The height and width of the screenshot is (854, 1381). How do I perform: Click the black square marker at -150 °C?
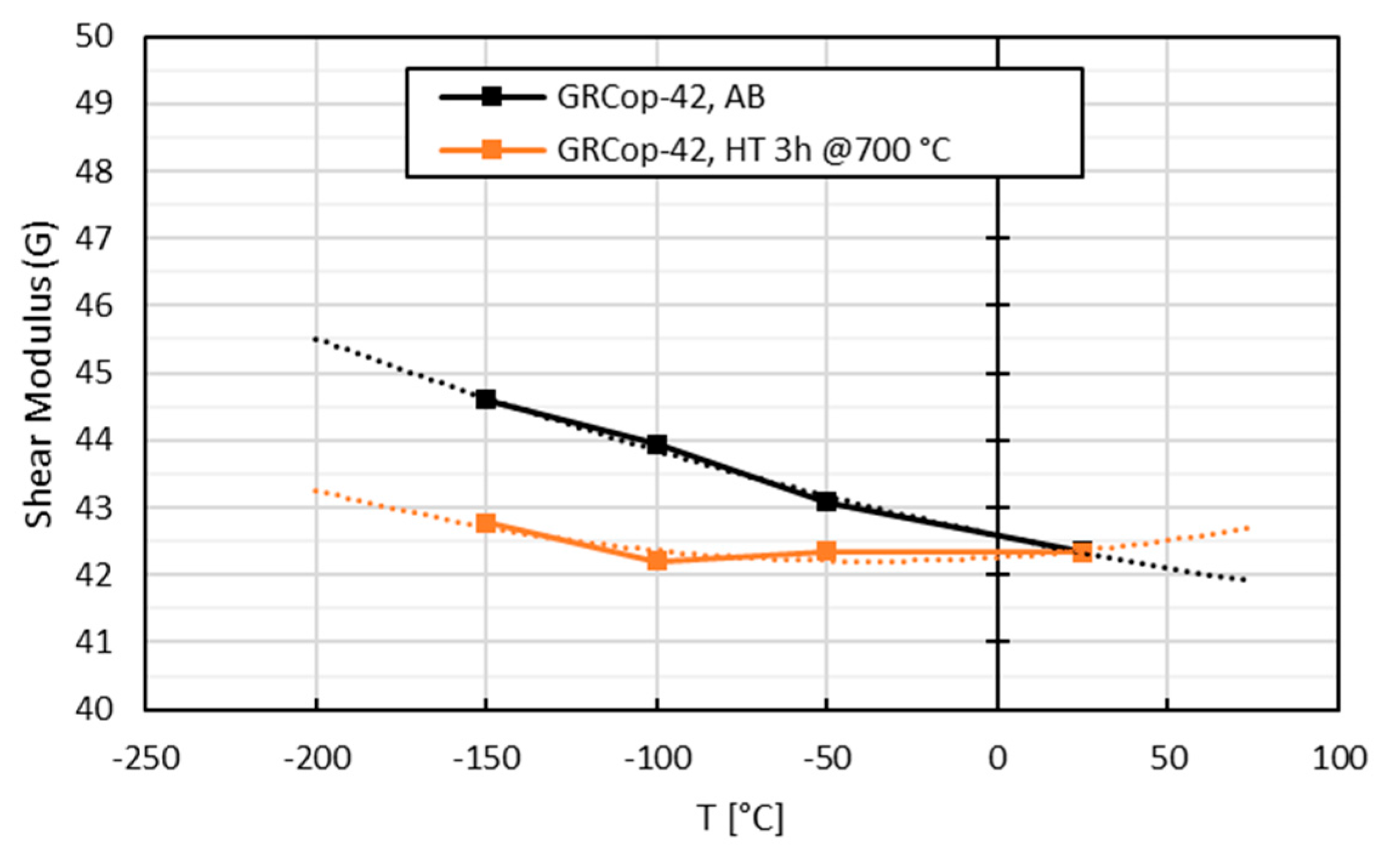[x=485, y=400]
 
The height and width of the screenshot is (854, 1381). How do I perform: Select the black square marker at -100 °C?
[x=657, y=445]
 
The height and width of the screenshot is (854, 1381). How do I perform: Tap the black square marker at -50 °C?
[x=826, y=502]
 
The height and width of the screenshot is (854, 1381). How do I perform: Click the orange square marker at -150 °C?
[x=485, y=523]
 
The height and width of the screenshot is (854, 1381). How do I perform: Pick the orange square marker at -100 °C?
[x=657, y=560]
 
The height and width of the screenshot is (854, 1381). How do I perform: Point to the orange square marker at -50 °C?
[x=826, y=551]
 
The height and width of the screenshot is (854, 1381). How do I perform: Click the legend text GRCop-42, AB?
[x=661, y=97]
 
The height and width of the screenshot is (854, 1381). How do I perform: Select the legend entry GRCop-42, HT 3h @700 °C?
[x=753, y=149]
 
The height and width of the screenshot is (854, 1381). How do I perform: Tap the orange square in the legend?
[x=491, y=149]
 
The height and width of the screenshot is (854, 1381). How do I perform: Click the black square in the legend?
[x=491, y=97]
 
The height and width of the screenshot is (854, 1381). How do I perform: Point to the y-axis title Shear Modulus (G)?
[x=39, y=374]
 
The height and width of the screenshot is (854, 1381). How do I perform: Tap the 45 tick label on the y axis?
[x=94, y=373]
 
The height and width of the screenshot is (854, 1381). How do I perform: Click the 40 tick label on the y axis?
[x=94, y=708]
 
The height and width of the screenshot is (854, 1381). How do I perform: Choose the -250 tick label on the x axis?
[x=146, y=759]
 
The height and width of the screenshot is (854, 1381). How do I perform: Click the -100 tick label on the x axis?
[x=658, y=759]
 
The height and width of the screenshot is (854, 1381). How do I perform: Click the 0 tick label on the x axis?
[x=998, y=759]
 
